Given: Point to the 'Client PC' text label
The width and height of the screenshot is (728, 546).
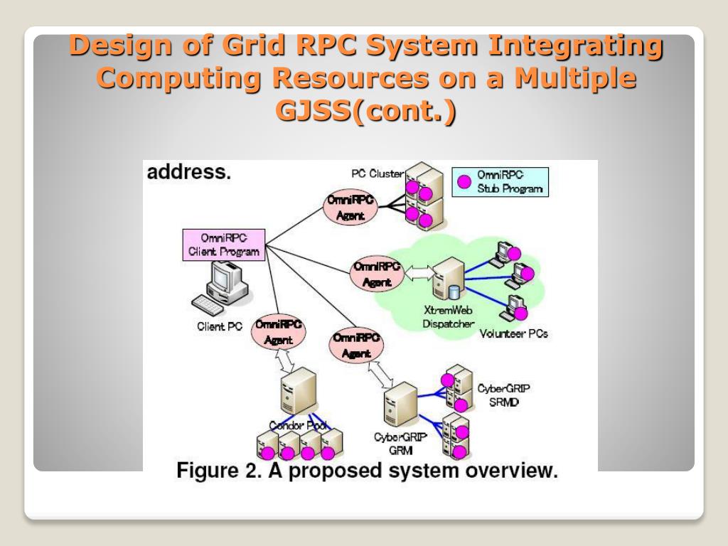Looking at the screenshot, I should click(219, 327).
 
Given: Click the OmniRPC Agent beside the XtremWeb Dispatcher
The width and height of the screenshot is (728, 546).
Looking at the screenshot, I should click(377, 274).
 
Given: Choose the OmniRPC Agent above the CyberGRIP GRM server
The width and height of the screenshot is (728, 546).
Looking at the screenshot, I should click(355, 346).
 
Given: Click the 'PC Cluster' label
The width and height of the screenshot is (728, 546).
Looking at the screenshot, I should click(377, 173).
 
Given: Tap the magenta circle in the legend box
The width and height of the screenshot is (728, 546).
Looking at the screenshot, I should click(464, 181).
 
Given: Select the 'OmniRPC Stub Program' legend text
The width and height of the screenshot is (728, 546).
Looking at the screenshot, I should click(509, 182).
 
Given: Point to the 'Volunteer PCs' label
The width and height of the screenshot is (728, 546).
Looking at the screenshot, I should click(513, 333).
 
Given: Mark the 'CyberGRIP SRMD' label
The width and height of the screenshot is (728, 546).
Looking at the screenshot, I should click(503, 395).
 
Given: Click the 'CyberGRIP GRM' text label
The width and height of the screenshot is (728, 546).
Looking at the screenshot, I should click(397, 443).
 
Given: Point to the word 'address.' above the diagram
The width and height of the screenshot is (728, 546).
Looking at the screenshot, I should click(188, 172).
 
